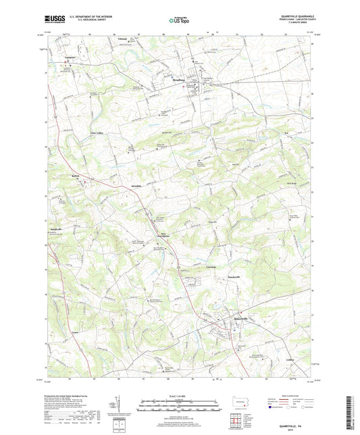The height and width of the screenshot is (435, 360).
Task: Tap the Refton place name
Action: (76, 174)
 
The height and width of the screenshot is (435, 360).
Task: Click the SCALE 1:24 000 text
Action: (180, 395)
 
